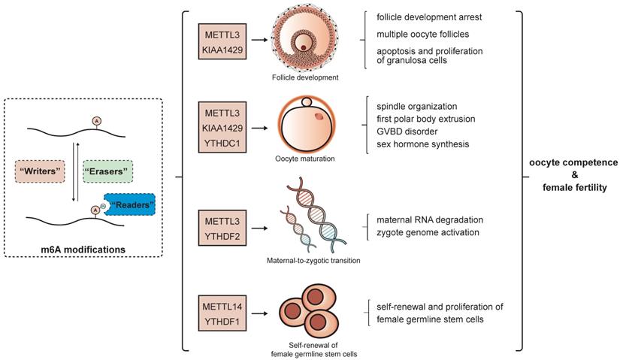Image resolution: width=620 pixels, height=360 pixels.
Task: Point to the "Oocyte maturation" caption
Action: click(x=306, y=159)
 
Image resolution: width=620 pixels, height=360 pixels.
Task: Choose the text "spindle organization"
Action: click(x=419, y=105)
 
